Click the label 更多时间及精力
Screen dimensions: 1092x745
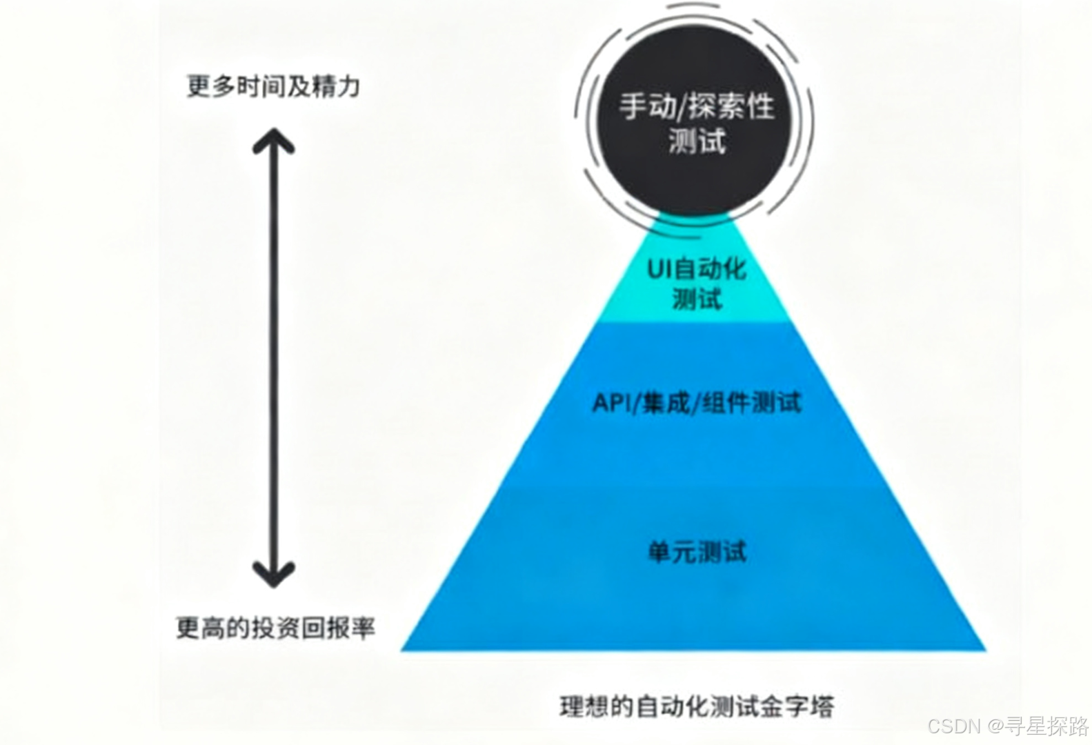[x=273, y=87]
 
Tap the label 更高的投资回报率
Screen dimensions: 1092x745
[x=275, y=628]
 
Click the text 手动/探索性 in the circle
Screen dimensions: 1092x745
[x=695, y=107]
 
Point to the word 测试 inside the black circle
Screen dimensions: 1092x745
[x=697, y=142]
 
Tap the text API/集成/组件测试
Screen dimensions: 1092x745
[x=697, y=402]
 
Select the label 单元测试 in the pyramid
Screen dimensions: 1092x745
[x=697, y=552]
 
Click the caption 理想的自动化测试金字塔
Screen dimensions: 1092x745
[x=697, y=707]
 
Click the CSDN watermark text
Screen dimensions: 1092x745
[x=955, y=726]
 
